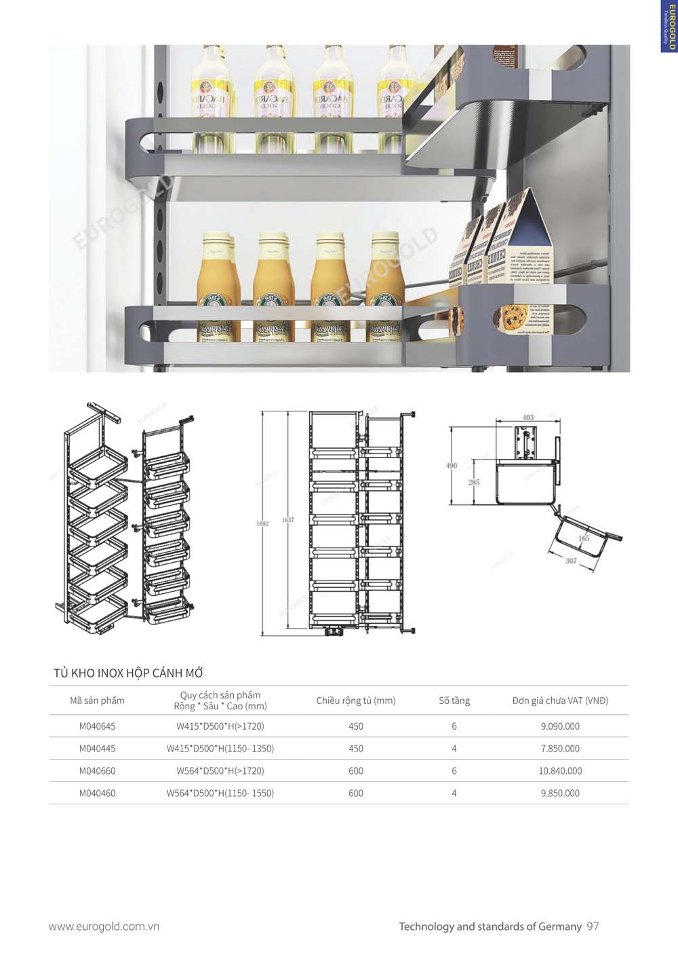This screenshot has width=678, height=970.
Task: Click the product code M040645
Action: pos(97,726)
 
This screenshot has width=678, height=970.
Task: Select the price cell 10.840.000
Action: pos(560,770)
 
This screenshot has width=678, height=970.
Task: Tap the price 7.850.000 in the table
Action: pos(560,748)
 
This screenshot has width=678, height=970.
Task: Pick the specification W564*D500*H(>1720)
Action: pos(220,770)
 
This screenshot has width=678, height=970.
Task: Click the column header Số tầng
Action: pos(454,701)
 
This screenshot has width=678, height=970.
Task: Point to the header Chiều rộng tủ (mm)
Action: pos(355,701)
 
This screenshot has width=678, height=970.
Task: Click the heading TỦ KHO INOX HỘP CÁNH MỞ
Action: pos(128,673)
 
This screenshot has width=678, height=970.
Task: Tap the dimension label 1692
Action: pos(262,523)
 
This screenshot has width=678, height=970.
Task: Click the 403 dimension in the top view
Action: pos(528,417)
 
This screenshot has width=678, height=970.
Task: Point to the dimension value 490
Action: pos(452,466)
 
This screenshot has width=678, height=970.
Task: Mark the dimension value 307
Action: pos(571,561)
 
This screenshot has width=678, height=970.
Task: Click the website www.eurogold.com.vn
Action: pos(104,926)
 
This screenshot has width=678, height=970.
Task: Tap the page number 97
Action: pos(593,926)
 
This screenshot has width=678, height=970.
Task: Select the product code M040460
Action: pos(97,793)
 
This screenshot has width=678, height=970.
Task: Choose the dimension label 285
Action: pos(473,482)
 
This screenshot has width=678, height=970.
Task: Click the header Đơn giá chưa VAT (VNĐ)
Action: pos(560,701)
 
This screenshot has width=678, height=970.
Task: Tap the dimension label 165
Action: pos(584,538)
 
